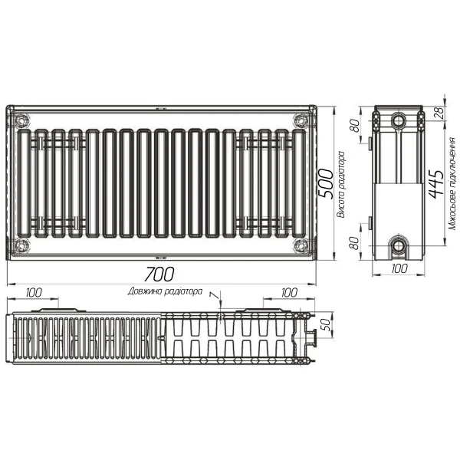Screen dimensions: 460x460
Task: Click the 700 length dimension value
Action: (160, 274)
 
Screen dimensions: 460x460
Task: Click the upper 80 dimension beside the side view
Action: (356, 126)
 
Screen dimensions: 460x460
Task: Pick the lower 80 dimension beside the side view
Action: (356, 243)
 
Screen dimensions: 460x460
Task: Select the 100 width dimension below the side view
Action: (399, 269)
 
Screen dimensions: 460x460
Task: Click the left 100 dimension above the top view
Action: (34, 292)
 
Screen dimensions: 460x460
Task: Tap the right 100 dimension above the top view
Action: (287, 292)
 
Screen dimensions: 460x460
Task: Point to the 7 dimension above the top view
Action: (215, 295)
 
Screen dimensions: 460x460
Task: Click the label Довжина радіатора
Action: (166, 291)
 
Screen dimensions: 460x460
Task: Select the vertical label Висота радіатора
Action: (342, 184)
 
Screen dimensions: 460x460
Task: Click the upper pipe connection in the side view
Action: (399, 121)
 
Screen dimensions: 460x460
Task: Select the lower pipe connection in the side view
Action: (399, 246)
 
